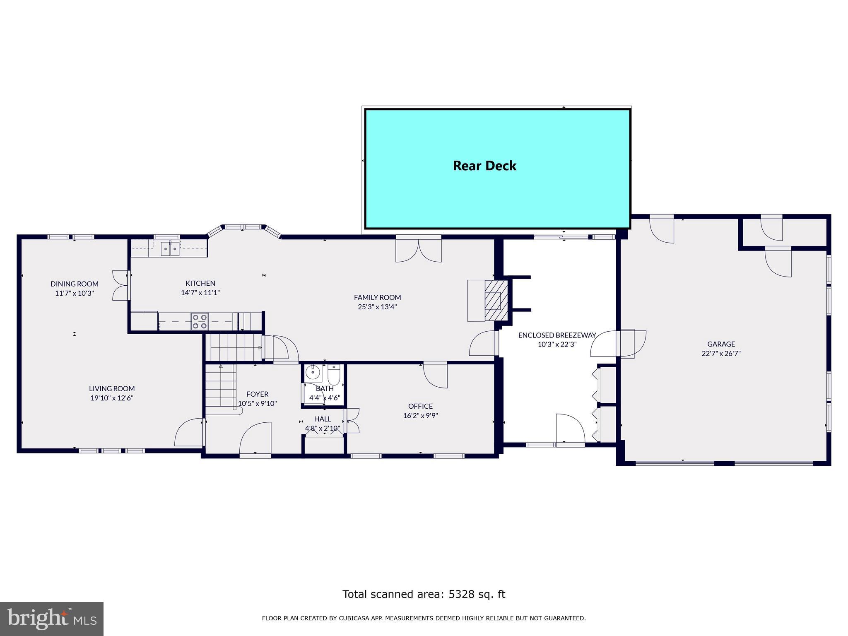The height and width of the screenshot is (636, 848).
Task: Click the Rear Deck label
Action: [484, 166]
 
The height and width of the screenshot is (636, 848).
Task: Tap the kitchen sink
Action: [170, 248]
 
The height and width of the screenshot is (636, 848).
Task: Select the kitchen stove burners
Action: [200, 322]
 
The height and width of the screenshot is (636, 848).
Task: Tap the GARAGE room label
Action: [721, 344]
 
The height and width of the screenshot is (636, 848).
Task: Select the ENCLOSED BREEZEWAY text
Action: [557, 335]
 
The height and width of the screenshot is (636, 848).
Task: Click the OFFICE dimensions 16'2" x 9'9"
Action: [420, 415]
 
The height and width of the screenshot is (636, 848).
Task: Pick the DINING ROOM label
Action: [75, 284]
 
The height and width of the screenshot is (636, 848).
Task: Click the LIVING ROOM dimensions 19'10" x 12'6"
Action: [112, 398]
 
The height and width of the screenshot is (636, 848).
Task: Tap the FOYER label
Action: [257, 394]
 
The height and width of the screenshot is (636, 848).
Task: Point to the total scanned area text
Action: [424, 594]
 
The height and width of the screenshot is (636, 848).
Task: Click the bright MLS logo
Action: [52, 619]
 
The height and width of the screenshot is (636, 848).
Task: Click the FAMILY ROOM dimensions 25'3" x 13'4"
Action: [377, 307]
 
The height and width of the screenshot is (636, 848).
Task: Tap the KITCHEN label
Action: [200, 283]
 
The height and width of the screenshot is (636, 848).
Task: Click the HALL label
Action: [323, 419]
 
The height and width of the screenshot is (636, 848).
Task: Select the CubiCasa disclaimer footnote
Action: [424, 619]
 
